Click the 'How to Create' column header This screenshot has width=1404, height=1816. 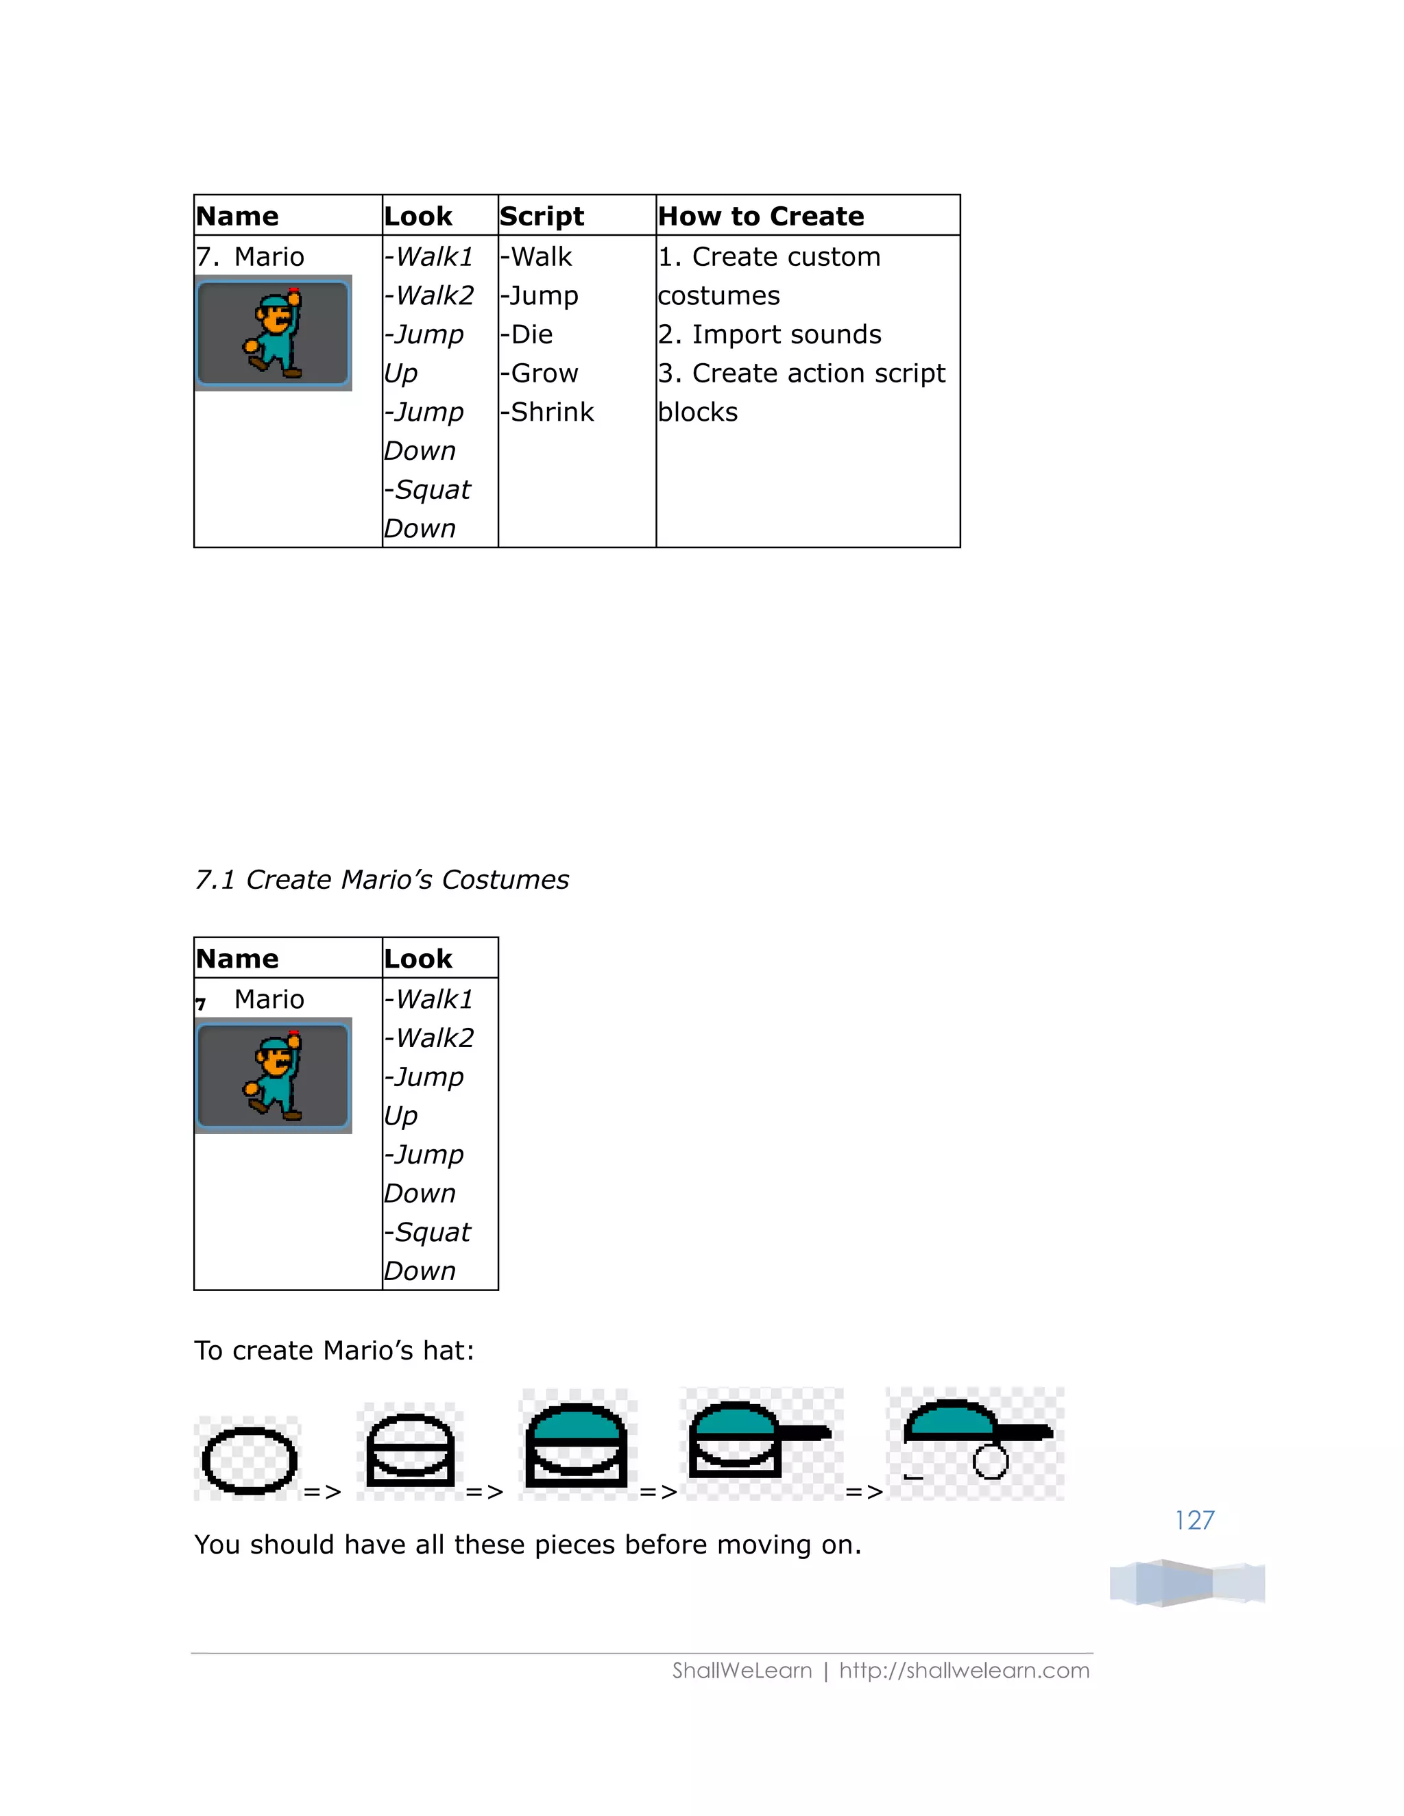click(x=760, y=216)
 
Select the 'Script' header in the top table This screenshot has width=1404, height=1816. click(x=542, y=216)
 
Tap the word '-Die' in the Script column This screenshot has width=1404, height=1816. click(x=526, y=334)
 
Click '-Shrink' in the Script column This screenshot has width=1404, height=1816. click(x=546, y=412)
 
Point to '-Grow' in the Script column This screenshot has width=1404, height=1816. click(x=539, y=373)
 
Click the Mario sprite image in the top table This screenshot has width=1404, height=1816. click(x=273, y=332)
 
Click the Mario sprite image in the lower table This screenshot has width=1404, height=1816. click(x=273, y=1075)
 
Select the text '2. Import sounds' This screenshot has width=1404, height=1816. click(x=769, y=334)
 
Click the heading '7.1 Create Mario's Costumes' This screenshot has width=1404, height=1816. click(x=382, y=880)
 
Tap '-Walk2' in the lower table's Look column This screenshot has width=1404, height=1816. click(x=429, y=1038)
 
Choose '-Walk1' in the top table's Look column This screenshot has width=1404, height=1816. click(x=429, y=257)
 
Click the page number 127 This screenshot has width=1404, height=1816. click(x=1194, y=1520)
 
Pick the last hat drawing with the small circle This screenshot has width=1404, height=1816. click(x=975, y=1443)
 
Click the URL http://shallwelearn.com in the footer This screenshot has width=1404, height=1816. click(x=963, y=1671)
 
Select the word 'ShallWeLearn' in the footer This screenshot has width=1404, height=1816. click(x=741, y=1671)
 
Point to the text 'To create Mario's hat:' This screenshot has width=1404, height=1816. click(x=334, y=1351)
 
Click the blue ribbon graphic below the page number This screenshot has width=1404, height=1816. click(x=1187, y=1582)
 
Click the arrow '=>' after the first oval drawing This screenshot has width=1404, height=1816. click(x=322, y=1492)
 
